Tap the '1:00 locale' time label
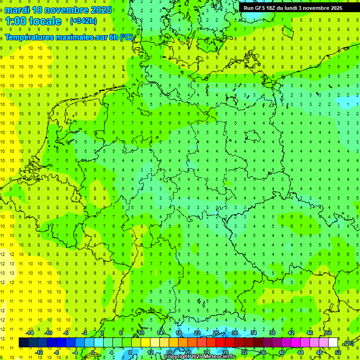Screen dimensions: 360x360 (x=34, y=21)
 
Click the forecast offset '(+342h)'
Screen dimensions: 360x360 (x=83, y=21)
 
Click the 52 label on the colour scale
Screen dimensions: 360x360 (x=338, y=352)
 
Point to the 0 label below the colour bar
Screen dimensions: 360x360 (x=93, y=352)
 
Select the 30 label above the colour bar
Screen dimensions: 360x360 (x=235, y=333)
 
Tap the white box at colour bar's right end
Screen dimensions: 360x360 (x=333, y=343)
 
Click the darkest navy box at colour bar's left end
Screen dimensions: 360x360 (x=23, y=343)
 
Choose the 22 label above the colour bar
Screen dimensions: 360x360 (x=197, y=333)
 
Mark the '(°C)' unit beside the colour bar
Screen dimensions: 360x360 (x=349, y=343)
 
